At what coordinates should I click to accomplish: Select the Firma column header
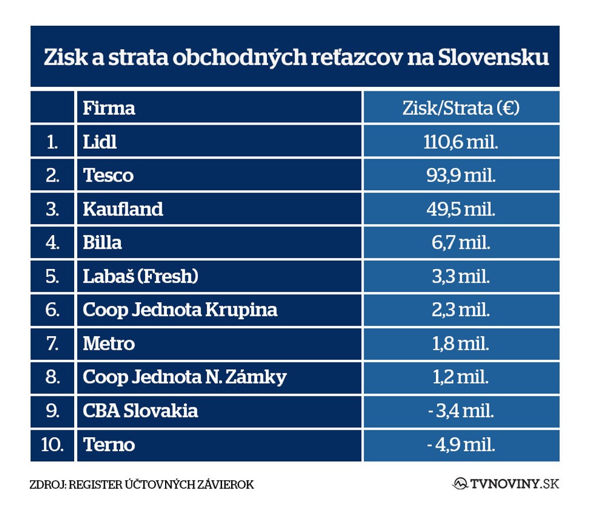[x=109, y=108]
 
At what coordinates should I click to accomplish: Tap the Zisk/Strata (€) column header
[x=461, y=108]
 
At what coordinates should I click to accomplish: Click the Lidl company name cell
[x=100, y=141]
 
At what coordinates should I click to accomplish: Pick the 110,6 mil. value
[x=461, y=141]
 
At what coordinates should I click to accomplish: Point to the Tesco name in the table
[x=108, y=175]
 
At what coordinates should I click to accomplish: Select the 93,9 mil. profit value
[x=461, y=175]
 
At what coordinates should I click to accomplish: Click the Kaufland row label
[x=123, y=209]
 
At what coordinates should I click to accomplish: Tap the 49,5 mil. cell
[x=461, y=209]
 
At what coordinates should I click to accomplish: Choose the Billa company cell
[x=102, y=242]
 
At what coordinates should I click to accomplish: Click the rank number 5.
[x=52, y=276]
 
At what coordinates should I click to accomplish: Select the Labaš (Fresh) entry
[x=140, y=276]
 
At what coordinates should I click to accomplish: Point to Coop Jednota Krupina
[x=180, y=310]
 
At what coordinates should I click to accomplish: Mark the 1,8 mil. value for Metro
[x=461, y=344]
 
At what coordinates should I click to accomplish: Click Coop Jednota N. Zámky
[x=185, y=377]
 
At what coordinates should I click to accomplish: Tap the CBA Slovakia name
[x=140, y=411]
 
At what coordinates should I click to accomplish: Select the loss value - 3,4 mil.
[x=461, y=411]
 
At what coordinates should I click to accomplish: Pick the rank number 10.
[x=52, y=444]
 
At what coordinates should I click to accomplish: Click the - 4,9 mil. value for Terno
[x=461, y=444]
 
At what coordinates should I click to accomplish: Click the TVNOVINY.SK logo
[x=506, y=484]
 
